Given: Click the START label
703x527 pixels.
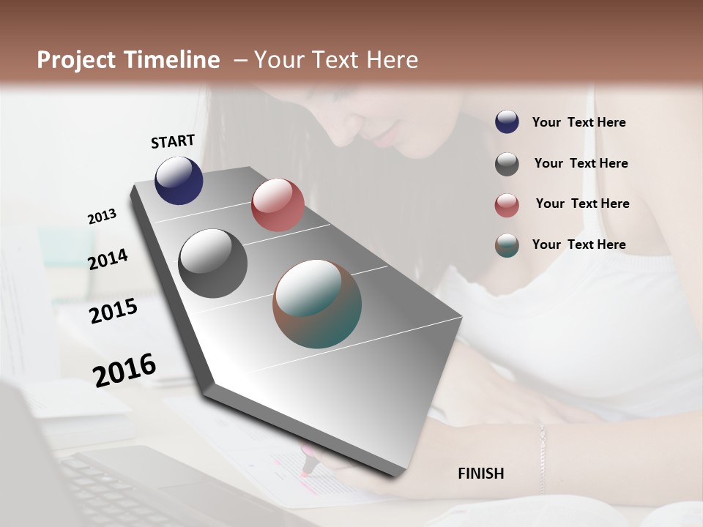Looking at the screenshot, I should pyautogui.click(x=173, y=141).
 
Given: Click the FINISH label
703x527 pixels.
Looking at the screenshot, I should pyautogui.click(x=480, y=474).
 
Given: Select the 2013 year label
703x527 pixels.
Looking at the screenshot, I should pyautogui.click(x=102, y=216).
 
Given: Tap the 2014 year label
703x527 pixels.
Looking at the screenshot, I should pyautogui.click(x=108, y=259).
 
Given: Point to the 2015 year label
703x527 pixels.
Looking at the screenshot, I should pyautogui.click(x=114, y=311).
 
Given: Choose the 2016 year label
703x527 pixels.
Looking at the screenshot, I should pyautogui.click(x=124, y=370).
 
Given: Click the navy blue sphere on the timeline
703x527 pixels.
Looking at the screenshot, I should pyautogui.click(x=179, y=180).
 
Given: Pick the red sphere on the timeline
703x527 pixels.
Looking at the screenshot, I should pyautogui.click(x=278, y=205).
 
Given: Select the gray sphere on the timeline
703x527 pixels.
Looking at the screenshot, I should pyautogui.click(x=213, y=263).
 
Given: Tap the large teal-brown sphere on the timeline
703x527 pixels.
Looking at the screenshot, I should pyautogui.click(x=317, y=304).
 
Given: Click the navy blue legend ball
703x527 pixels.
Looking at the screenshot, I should pyautogui.click(x=507, y=122).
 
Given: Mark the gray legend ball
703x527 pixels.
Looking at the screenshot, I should pyautogui.click(x=507, y=164).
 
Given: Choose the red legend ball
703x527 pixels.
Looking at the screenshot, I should pyautogui.click(x=507, y=205).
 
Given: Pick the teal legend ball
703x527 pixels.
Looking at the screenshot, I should pyautogui.click(x=507, y=245).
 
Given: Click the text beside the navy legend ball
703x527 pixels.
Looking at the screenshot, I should pyautogui.click(x=579, y=123).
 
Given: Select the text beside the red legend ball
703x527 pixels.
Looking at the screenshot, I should pyautogui.click(x=582, y=203).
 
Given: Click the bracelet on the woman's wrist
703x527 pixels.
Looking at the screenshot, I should pyautogui.click(x=542, y=454).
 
